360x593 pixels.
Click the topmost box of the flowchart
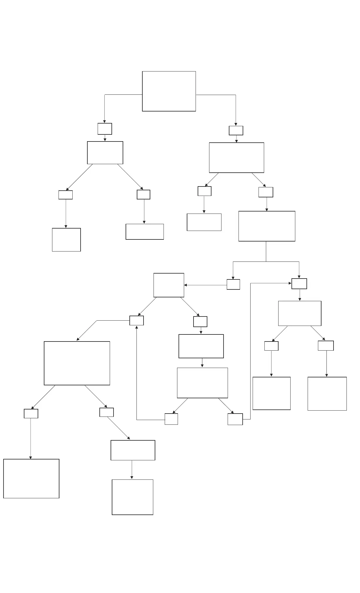coord(169,91)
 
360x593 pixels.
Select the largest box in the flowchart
coord(77,363)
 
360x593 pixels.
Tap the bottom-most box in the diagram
coord(132,497)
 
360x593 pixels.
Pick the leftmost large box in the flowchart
coord(31,479)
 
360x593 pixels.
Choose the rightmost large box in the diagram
coord(327,394)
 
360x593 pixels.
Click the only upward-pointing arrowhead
coord(136,327)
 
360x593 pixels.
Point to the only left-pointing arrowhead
coord(186,285)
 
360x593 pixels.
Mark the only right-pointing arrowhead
coord(290,283)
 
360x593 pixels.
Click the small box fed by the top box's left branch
coord(105,129)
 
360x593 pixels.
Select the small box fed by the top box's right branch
coord(236,131)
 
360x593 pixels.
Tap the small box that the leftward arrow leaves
coord(233,284)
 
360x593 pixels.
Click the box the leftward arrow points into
coord(169,285)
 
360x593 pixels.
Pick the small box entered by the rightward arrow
coord(299,284)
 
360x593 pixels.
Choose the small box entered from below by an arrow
coord(136,321)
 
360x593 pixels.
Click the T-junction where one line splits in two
coord(266,261)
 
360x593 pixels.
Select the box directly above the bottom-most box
coord(133,450)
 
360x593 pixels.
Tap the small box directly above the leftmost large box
coord(31,414)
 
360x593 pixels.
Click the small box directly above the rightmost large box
coord(326,346)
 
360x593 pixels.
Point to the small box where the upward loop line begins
coord(171,419)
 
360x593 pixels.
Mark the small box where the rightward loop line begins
coord(235,419)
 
